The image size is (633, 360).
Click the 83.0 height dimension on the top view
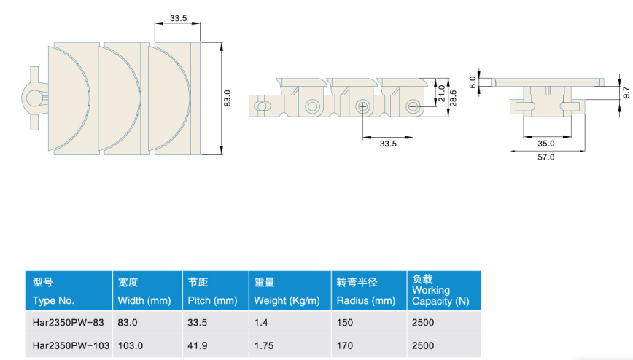[x=228, y=98]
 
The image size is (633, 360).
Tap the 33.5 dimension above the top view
[x=178, y=18]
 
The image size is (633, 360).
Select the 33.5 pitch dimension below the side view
[x=388, y=144]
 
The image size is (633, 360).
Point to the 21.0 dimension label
[x=442, y=93]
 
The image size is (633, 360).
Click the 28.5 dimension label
[x=453, y=98]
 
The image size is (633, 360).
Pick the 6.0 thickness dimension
[x=473, y=82]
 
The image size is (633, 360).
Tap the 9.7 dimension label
[x=626, y=93]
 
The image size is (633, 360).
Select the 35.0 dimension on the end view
[x=545, y=144]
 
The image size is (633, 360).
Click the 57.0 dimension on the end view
[x=545, y=157]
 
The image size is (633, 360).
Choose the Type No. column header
[x=53, y=301]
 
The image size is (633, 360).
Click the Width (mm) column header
[x=144, y=301]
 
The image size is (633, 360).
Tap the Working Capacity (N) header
[x=440, y=295]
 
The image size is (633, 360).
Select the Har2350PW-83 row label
[x=69, y=322]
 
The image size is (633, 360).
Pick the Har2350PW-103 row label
[x=71, y=345]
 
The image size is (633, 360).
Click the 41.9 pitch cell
[x=197, y=345]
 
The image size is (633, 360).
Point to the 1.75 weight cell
[x=263, y=345]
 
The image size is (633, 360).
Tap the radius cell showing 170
[x=345, y=345]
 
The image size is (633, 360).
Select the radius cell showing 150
[x=345, y=322]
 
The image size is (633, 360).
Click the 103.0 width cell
[x=131, y=345]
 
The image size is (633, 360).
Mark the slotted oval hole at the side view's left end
[x=262, y=106]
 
